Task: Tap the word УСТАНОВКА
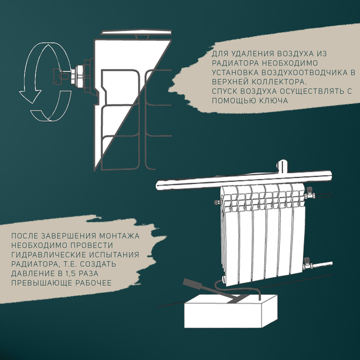tap(235, 73)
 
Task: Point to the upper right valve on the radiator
tap(310, 194)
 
